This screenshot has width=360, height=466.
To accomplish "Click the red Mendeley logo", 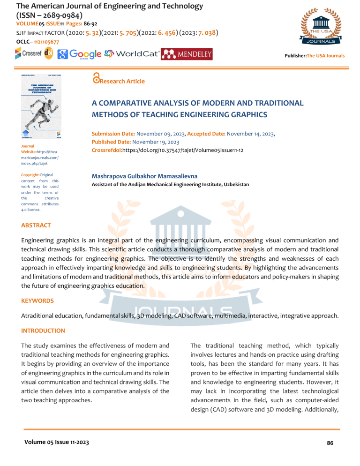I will click(187, 54).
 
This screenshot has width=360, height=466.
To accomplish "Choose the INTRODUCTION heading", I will click(43, 331).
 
